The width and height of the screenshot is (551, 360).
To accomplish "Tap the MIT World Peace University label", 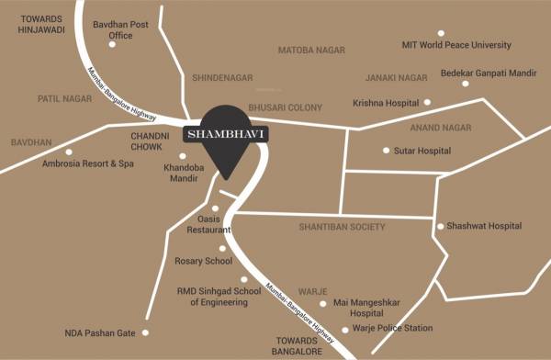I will coord(456,44).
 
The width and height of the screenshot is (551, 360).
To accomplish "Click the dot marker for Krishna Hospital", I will coord(427,102).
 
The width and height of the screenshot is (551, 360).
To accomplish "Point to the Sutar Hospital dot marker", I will coord(386,150).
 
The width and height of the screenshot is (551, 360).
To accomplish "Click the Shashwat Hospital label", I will coord(484,226).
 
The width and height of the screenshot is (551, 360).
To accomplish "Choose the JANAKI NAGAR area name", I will coord(396,78).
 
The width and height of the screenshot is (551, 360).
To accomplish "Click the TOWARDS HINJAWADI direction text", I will coord(42,24).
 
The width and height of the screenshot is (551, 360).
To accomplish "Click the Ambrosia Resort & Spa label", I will coord(88,163).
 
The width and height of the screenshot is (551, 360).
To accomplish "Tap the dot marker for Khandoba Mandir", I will coord(182,156).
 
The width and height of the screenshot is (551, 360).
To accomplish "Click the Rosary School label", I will coord(203,262).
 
